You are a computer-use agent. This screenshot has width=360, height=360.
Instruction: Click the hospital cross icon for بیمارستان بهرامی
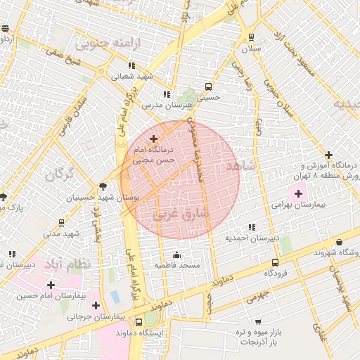(x=298, y=193)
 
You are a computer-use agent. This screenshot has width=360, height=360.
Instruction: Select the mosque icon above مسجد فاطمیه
(x=176, y=255)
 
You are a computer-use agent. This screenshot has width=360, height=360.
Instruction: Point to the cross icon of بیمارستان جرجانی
(x=96, y=306)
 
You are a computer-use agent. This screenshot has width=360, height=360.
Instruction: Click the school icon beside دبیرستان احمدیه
(x=252, y=228)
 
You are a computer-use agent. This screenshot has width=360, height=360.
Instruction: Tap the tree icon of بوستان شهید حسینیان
(x=103, y=187)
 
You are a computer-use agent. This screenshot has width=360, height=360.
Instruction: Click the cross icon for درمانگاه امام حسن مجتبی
(x=154, y=139)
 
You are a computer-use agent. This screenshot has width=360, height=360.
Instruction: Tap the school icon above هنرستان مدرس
(x=167, y=94)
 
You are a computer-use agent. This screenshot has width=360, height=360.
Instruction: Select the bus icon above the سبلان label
(x=251, y=37)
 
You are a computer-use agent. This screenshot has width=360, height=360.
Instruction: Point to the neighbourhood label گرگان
(x=59, y=175)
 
